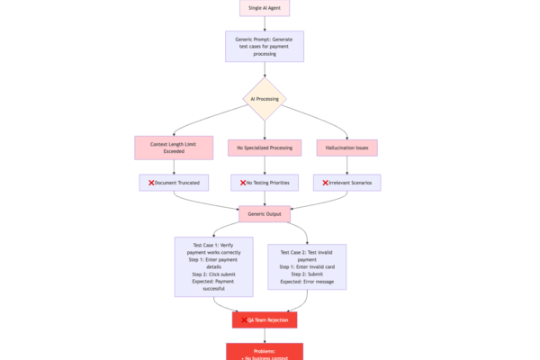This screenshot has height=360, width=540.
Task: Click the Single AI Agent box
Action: [264, 7]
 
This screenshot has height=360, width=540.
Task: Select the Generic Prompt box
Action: [264, 46]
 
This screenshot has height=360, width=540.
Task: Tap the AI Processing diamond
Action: [265, 99]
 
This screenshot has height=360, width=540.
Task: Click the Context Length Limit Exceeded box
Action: [174, 147]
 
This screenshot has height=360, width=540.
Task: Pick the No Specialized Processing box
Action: [265, 147]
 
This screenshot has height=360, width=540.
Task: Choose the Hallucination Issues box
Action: [346, 147]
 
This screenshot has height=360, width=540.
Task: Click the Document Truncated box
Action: [174, 183]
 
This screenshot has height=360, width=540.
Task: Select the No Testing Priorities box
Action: [265, 183]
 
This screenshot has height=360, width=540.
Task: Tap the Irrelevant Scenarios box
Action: [346, 183]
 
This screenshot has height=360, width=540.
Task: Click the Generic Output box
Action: [264, 214]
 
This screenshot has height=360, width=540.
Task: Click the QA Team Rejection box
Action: [265, 319]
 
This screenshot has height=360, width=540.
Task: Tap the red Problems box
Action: [265, 352]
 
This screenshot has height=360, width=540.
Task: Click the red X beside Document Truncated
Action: [150, 183]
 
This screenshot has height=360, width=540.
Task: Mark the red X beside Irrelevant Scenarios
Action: [326, 183]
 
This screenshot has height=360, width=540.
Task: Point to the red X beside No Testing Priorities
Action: [241, 183]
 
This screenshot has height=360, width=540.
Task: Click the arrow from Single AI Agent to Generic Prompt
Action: [264, 23]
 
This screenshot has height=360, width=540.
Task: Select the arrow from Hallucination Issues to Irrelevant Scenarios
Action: [346, 165]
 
